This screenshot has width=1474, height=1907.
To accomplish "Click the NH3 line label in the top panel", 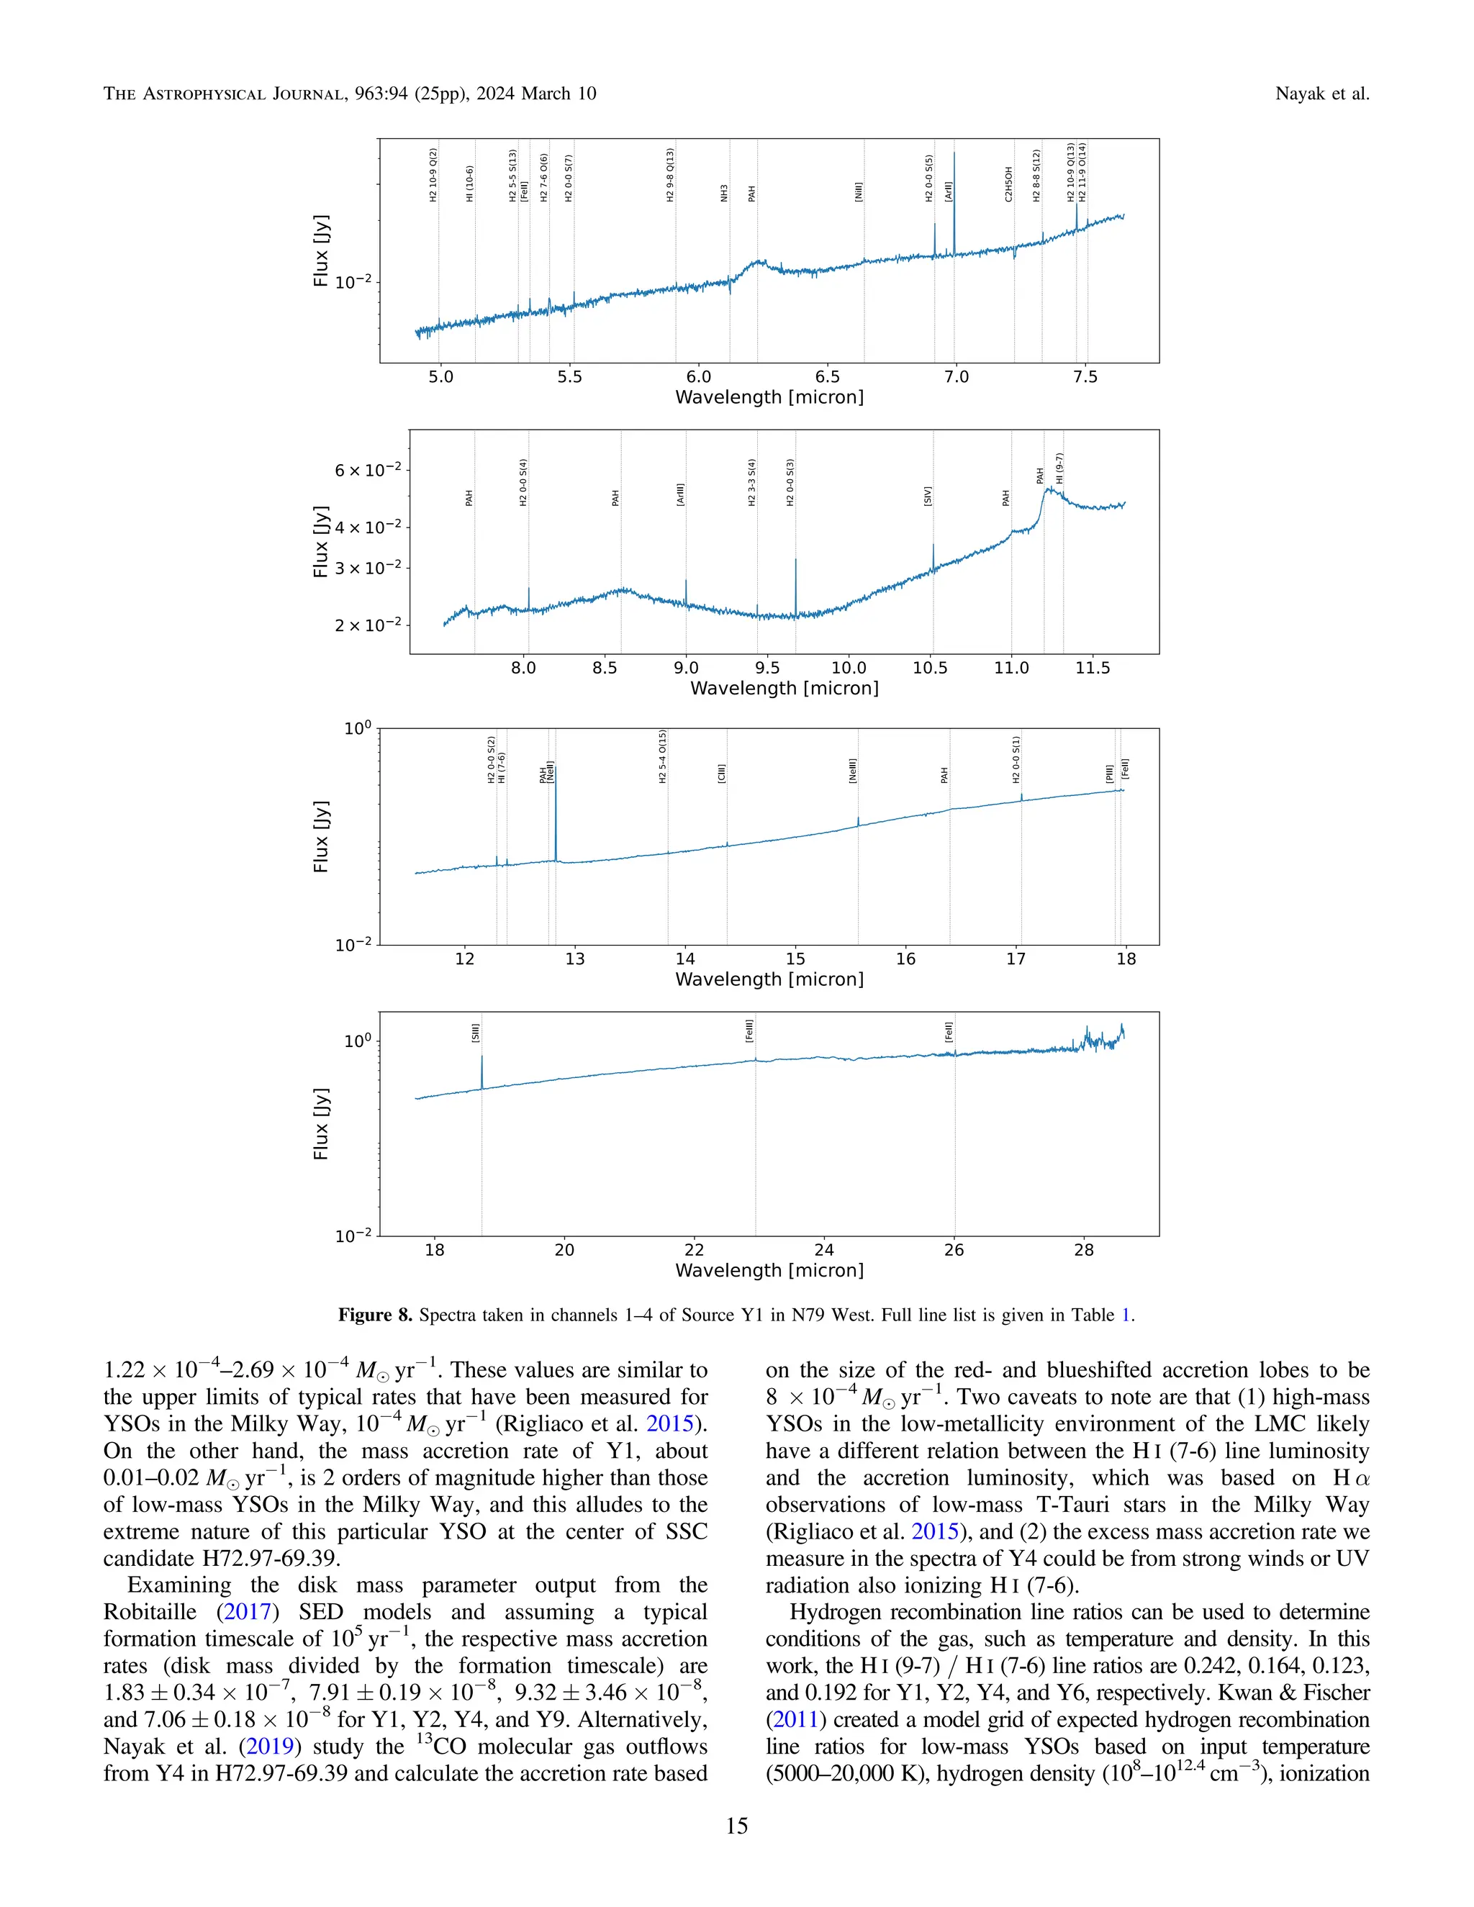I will pyautogui.click(x=724, y=193).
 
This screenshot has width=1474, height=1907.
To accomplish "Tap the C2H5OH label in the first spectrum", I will pyautogui.click(x=1008, y=184).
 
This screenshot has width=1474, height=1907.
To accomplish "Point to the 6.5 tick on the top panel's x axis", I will pyautogui.click(x=827, y=377).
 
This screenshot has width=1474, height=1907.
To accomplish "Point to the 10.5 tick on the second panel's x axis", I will pyautogui.click(x=930, y=668).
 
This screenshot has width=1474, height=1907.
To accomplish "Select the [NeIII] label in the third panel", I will pyautogui.click(x=852, y=770).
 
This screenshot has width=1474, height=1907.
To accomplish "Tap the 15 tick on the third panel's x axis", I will pyautogui.click(x=795, y=959).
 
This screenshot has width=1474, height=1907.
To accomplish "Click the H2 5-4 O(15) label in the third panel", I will pyautogui.click(x=663, y=756).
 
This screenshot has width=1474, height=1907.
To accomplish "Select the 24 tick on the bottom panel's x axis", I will pyautogui.click(x=823, y=1249).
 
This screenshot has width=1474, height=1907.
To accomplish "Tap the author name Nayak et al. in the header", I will pyautogui.click(x=1321, y=94).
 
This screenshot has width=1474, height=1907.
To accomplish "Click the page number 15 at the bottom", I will pyautogui.click(x=736, y=1826).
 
